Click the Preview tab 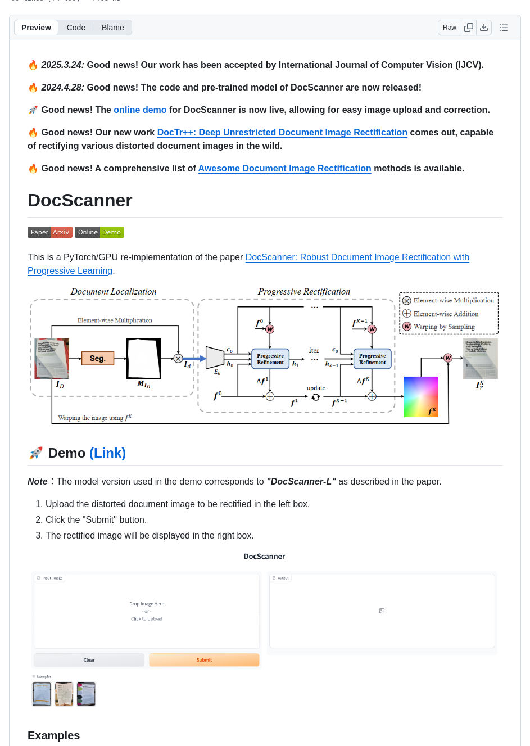[36, 28]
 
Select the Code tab [76, 28]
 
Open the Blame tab [112, 28]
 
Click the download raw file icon [484, 28]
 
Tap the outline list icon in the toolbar [504, 28]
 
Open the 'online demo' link [140, 110]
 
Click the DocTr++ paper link [282, 133]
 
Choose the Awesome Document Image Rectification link [284, 169]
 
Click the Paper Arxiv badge [49, 232]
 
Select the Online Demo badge [99, 232]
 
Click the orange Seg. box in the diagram [98, 358]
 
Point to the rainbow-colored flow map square [421, 397]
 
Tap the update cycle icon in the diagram [316, 397]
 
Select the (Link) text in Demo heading [107, 453]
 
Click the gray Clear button [89, 660]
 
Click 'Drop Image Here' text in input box [147, 604]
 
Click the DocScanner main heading [80, 201]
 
